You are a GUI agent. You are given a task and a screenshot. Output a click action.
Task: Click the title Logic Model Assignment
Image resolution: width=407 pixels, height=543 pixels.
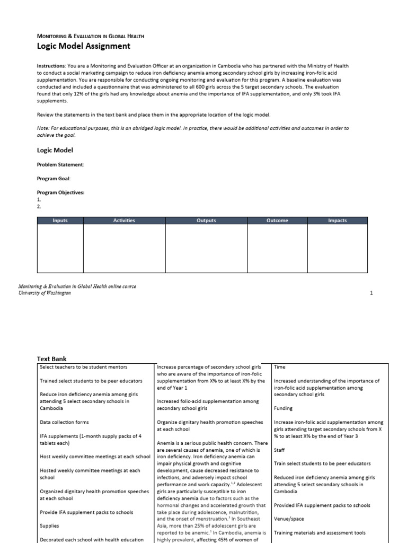tap(83, 46)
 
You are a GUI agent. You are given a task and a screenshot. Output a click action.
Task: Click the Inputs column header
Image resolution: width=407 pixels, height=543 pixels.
tap(60, 221)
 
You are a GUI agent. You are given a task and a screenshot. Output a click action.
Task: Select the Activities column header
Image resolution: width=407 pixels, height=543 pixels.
tap(124, 221)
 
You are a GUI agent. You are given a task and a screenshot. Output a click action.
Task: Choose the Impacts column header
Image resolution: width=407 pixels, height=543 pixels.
tap(337, 221)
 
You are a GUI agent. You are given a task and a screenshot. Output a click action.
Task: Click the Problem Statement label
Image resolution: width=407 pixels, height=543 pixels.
tap(60, 164)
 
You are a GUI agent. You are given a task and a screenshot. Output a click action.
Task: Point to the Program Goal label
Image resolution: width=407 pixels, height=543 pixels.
tap(54, 179)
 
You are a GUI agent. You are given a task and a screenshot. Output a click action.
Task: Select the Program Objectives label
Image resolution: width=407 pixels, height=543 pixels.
tap(60, 192)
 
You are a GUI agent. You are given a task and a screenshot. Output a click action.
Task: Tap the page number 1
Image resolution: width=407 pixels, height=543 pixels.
tap(371, 293)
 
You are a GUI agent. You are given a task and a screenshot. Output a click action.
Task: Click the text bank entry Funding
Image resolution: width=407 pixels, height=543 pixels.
tap(283, 409)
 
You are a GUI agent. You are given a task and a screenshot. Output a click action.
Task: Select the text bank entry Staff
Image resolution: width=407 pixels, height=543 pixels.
tap(279, 449)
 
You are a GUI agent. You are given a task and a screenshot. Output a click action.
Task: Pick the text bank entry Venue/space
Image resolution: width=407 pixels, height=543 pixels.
tap(289, 519)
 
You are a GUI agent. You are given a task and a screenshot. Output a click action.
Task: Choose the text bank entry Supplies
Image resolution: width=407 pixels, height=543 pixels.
tap(50, 526)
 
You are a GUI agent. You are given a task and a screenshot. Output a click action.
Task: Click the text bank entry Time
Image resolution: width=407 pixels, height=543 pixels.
tap(279, 366)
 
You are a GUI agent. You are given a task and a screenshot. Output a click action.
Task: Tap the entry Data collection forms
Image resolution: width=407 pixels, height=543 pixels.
tap(65, 422)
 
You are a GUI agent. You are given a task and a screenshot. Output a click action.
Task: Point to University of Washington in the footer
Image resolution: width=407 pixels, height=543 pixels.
tap(45, 293)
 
